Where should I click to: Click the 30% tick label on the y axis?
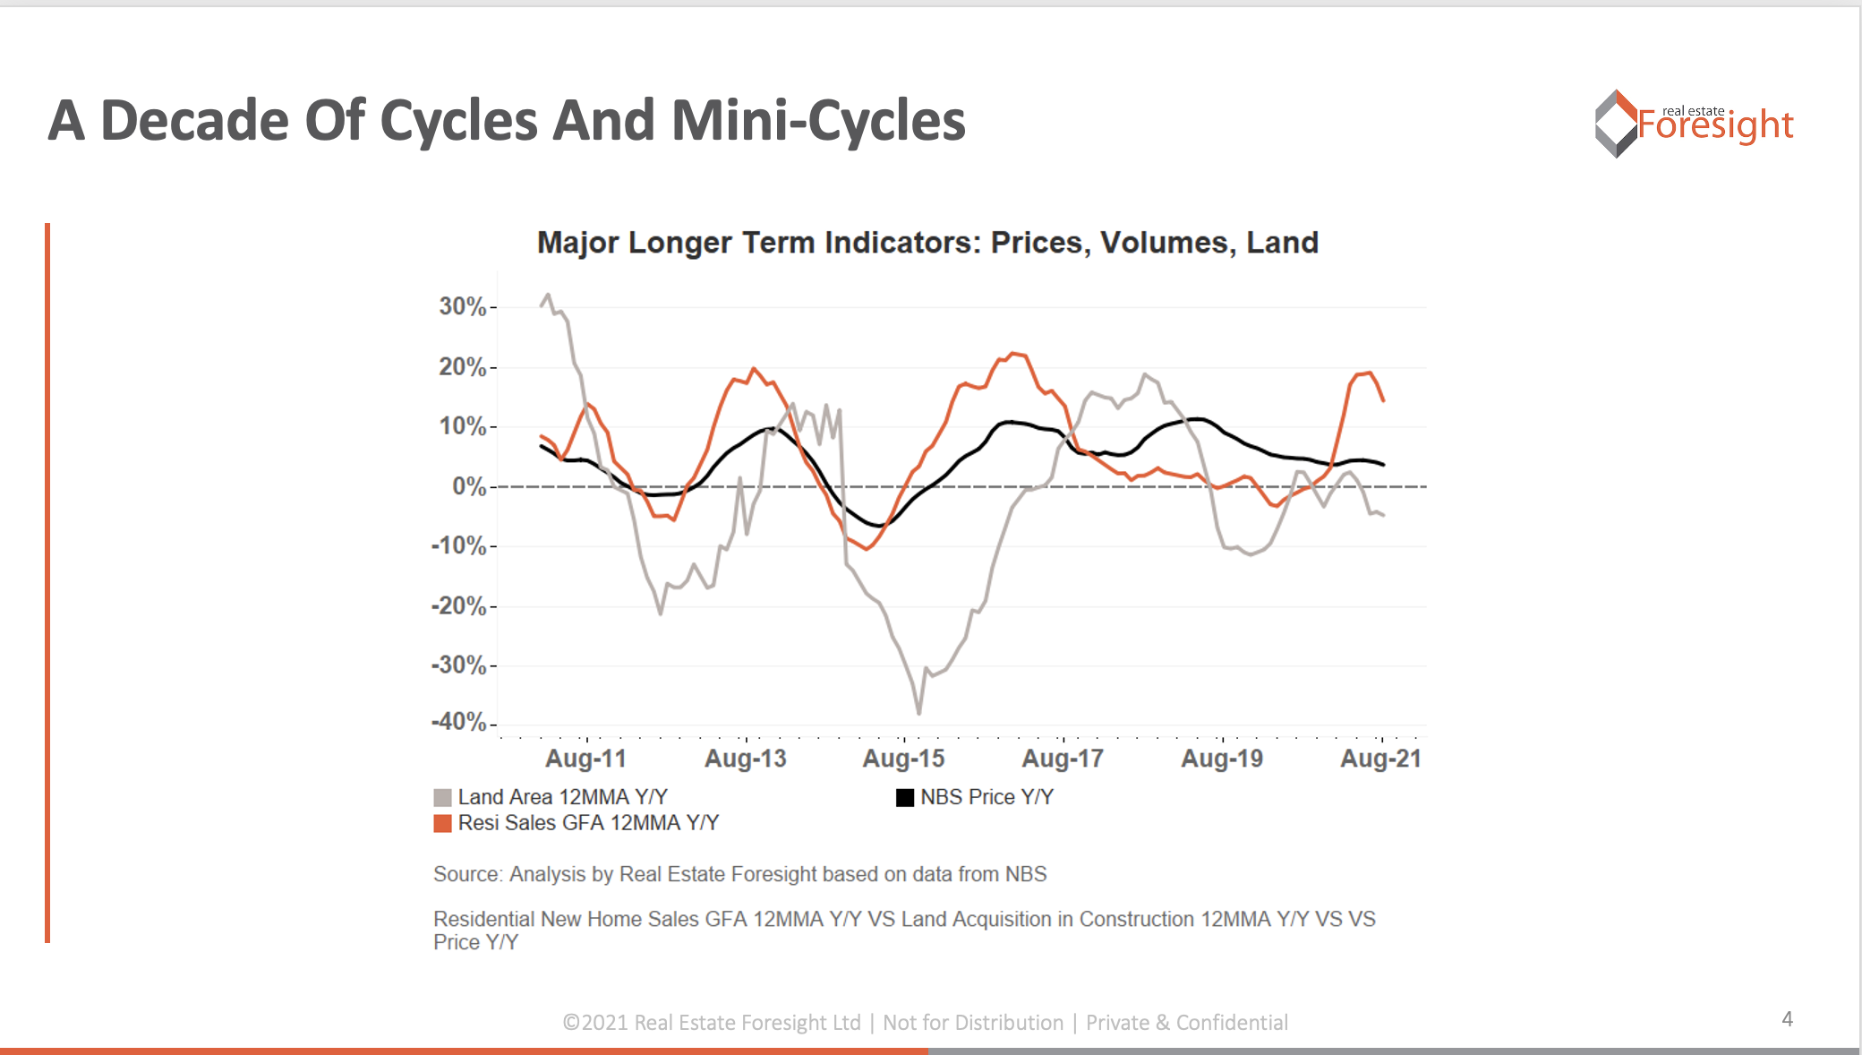[x=462, y=306]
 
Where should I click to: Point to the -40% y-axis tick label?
[x=458, y=722]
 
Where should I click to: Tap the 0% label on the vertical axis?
[x=469, y=486]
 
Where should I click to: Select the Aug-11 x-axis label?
[x=586, y=759]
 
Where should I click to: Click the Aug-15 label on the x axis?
[x=903, y=759]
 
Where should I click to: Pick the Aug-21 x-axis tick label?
[x=1380, y=759]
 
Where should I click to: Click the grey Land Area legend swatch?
[x=442, y=797]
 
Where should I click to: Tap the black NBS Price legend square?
[x=905, y=797]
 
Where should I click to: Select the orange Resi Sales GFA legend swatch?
[x=442, y=823]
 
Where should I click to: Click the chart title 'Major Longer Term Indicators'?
[x=927, y=243]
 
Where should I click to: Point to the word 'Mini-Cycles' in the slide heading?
[x=818, y=121]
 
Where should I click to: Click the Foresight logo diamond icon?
[x=1616, y=124]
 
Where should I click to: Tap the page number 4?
[x=1787, y=1019]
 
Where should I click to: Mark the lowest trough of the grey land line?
[x=919, y=713]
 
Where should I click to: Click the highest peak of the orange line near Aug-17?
[x=1012, y=353]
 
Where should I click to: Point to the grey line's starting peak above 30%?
[x=548, y=294]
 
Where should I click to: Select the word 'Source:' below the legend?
[x=468, y=874]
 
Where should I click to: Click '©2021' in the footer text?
[x=595, y=1023]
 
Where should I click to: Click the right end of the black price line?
[x=1384, y=465]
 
